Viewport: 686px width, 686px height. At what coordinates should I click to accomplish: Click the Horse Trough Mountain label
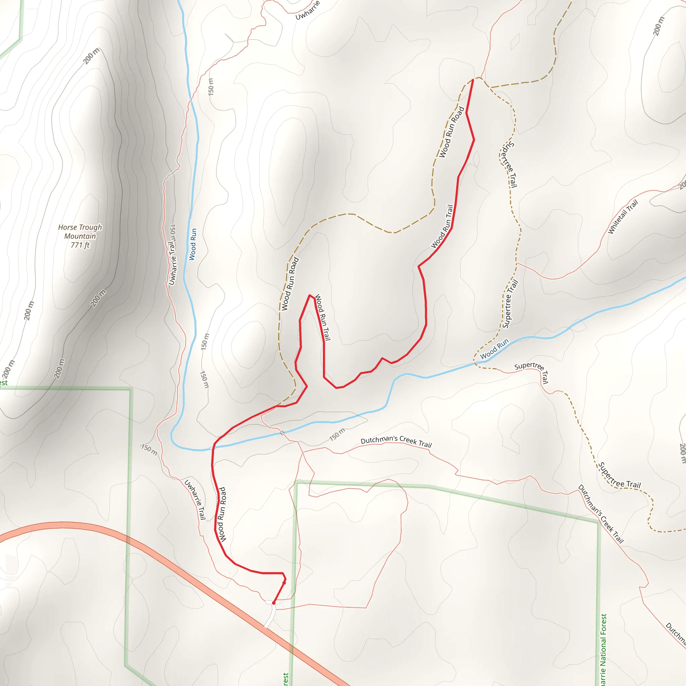[80, 231]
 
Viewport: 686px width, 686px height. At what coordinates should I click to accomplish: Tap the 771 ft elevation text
[80, 245]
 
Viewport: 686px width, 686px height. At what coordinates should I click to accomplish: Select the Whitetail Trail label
[623, 217]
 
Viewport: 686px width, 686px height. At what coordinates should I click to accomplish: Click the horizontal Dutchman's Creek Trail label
[396, 441]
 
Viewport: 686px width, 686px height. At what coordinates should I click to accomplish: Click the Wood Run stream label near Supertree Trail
[494, 349]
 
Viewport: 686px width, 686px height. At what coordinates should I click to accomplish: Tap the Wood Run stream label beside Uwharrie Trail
[193, 244]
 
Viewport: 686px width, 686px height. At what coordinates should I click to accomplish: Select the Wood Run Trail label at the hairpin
[323, 317]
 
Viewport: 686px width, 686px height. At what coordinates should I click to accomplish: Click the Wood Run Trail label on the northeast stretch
[442, 226]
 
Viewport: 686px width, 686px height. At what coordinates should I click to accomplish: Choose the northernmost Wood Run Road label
[451, 132]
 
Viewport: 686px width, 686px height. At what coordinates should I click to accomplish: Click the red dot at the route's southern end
[273, 603]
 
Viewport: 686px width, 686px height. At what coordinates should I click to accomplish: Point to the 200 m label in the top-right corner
[658, 26]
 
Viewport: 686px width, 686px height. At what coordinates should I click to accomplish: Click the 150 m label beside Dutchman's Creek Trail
[337, 434]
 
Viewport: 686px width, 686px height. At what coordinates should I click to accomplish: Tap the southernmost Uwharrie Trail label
[195, 499]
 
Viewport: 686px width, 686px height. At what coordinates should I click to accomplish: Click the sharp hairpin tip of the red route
[310, 295]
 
